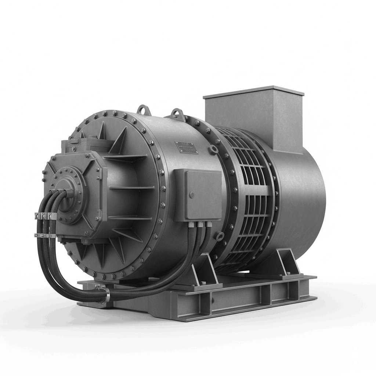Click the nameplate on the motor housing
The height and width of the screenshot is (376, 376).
[187, 147]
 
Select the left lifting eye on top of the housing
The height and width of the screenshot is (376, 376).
[143, 109]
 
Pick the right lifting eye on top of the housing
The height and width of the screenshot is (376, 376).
[177, 113]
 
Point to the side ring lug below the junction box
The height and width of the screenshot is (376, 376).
[220, 235]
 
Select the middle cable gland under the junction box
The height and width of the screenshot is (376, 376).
[201, 224]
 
